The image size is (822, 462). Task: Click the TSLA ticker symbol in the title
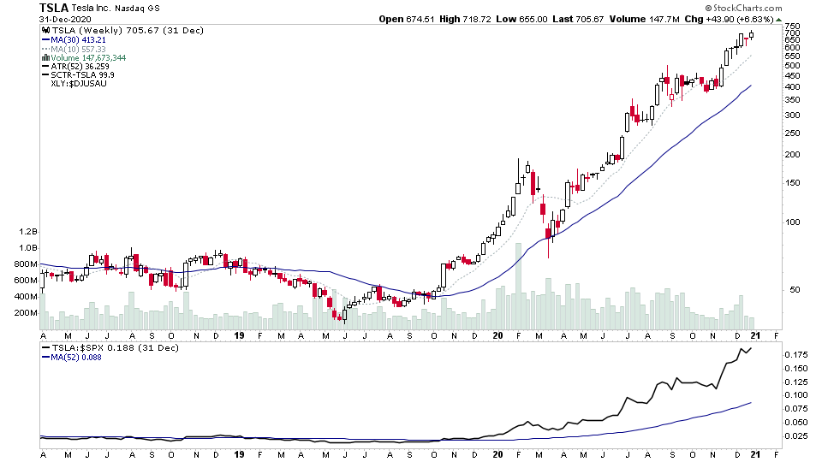coord(56,8)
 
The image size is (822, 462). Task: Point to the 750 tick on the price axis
coord(792,27)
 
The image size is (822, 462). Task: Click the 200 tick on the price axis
coord(792,155)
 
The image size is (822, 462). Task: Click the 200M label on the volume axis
coord(25,313)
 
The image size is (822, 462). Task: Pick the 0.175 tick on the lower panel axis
coord(795,354)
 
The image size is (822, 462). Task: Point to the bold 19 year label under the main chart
coord(239,336)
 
